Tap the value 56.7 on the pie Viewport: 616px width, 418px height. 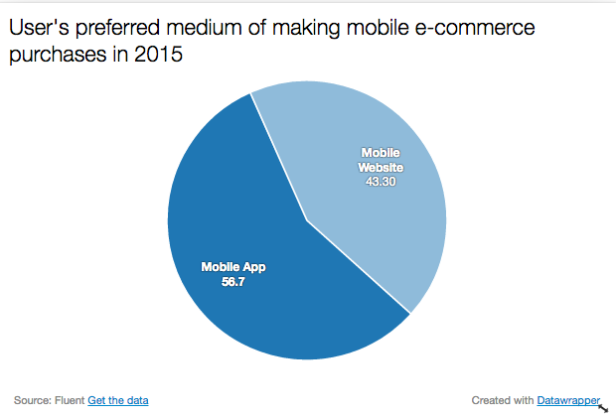[233, 281]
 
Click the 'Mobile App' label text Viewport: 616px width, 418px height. [233, 267]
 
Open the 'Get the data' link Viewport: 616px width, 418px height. [118, 400]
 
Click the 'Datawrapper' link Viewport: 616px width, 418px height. [568, 400]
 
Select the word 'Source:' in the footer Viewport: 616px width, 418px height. [32, 400]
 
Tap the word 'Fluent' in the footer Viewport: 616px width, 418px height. [70, 400]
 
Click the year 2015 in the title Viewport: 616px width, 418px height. [159, 56]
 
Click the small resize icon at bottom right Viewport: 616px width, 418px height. [604, 407]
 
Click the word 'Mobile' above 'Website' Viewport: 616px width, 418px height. [381, 153]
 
